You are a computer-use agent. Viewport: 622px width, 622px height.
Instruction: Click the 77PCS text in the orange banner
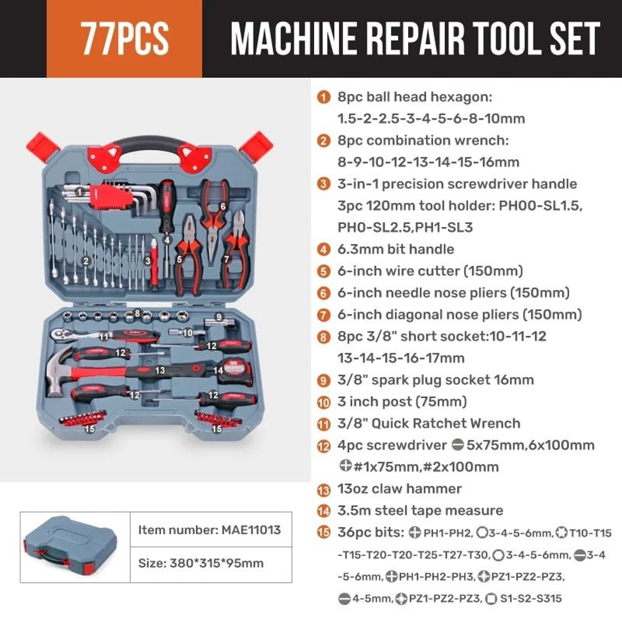click(x=124, y=39)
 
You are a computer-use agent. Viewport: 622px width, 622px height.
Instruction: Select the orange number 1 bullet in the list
click(x=323, y=97)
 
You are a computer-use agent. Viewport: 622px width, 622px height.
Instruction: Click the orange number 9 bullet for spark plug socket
click(x=323, y=380)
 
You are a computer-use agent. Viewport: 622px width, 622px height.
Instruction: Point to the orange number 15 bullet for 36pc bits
click(x=323, y=532)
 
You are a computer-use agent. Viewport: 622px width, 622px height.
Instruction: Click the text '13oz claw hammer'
click(x=399, y=489)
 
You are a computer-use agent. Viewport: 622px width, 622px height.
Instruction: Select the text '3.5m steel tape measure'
click(x=420, y=511)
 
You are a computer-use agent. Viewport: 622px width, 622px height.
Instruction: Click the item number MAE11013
click(x=210, y=530)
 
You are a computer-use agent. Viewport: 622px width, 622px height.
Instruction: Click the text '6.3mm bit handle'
click(x=396, y=249)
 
